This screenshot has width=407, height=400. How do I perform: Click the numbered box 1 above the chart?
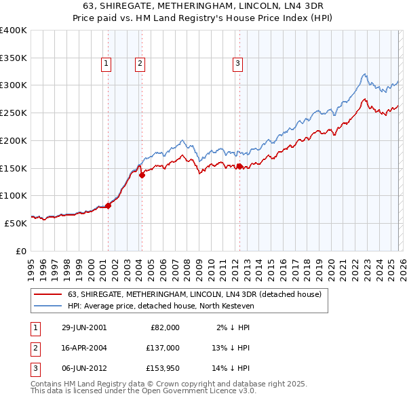click(x=107, y=64)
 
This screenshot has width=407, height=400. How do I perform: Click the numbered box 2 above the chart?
click(x=140, y=64)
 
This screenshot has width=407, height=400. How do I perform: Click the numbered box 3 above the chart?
click(x=238, y=64)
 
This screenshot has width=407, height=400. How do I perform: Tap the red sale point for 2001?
click(x=108, y=206)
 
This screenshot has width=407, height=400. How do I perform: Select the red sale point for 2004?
click(x=142, y=175)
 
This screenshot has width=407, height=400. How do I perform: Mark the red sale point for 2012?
click(x=239, y=166)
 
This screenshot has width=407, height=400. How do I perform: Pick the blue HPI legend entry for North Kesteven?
click(x=160, y=306)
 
